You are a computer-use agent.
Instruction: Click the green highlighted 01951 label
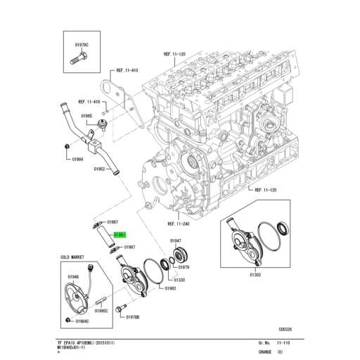pos(120,235)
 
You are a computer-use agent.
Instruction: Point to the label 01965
pos(86,115)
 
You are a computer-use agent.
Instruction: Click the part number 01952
pos(99,169)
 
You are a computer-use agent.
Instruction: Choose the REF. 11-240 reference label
pos(179,225)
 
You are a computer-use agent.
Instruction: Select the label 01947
pos(176,240)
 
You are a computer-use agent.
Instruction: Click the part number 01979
pos(184,268)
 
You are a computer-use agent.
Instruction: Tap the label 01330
pos(160,279)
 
